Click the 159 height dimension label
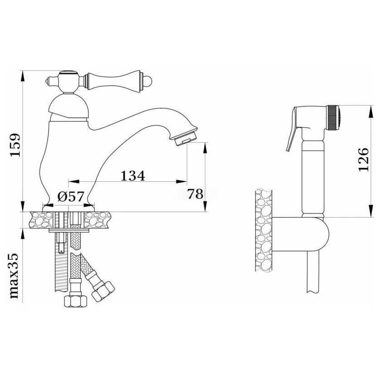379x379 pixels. [x=15, y=145]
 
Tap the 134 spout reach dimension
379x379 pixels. [x=133, y=176]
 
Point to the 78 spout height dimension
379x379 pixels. [x=195, y=194]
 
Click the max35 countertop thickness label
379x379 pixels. [x=14, y=276]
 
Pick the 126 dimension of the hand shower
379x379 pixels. [x=363, y=160]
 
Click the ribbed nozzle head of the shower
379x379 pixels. [x=334, y=117]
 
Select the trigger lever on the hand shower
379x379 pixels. [x=292, y=129]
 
